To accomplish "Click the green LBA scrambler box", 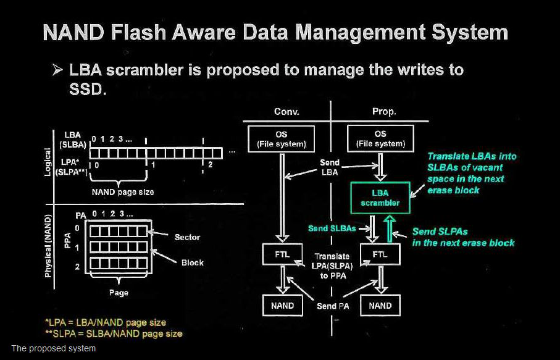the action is (x=380, y=198).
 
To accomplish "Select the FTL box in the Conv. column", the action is (x=282, y=254).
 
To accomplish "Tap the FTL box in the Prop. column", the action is (x=380, y=254).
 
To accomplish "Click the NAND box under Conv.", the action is (x=283, y=306).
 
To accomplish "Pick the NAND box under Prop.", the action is (x=380, y=306).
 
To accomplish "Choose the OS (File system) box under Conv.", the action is (x=282, y=139).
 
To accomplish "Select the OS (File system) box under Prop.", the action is (x=380, y=138).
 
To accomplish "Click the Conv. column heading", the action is (x=286, y=112).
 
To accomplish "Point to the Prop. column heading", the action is (x=384, y=112).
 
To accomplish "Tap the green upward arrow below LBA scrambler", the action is (x=390, y=229).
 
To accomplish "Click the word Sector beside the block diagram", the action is (x=187, y=237).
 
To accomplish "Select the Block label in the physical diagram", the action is (x=192, y=262).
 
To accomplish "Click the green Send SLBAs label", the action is (x=332, y=228).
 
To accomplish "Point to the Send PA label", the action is (x=333, y=306).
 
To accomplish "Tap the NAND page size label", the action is (x=123, y=192).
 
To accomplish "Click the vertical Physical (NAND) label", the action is (x=48, y=246).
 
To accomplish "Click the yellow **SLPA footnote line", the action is (x=114, y=334).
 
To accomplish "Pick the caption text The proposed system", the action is (x=54, y=348).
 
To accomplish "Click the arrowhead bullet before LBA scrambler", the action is (x=57, y=70).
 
